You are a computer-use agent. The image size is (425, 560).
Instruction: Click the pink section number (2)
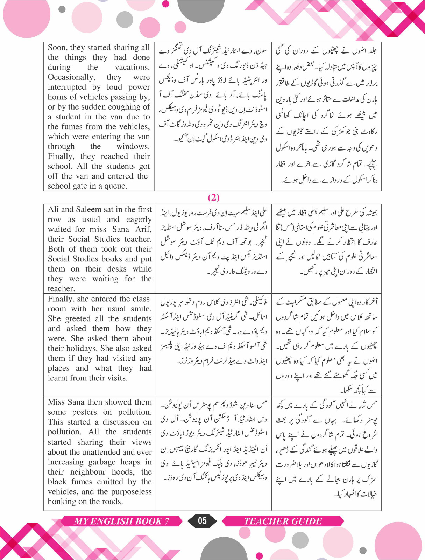tap(213, 197)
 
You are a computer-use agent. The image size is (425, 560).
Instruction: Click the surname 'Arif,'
tap(143, 229)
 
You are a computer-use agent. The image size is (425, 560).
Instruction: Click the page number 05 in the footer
tap(202, 521)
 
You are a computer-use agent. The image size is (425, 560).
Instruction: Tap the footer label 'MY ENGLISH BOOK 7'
tap(121, 521)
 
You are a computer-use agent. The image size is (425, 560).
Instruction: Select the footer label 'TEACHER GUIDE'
tap(283, 521)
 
